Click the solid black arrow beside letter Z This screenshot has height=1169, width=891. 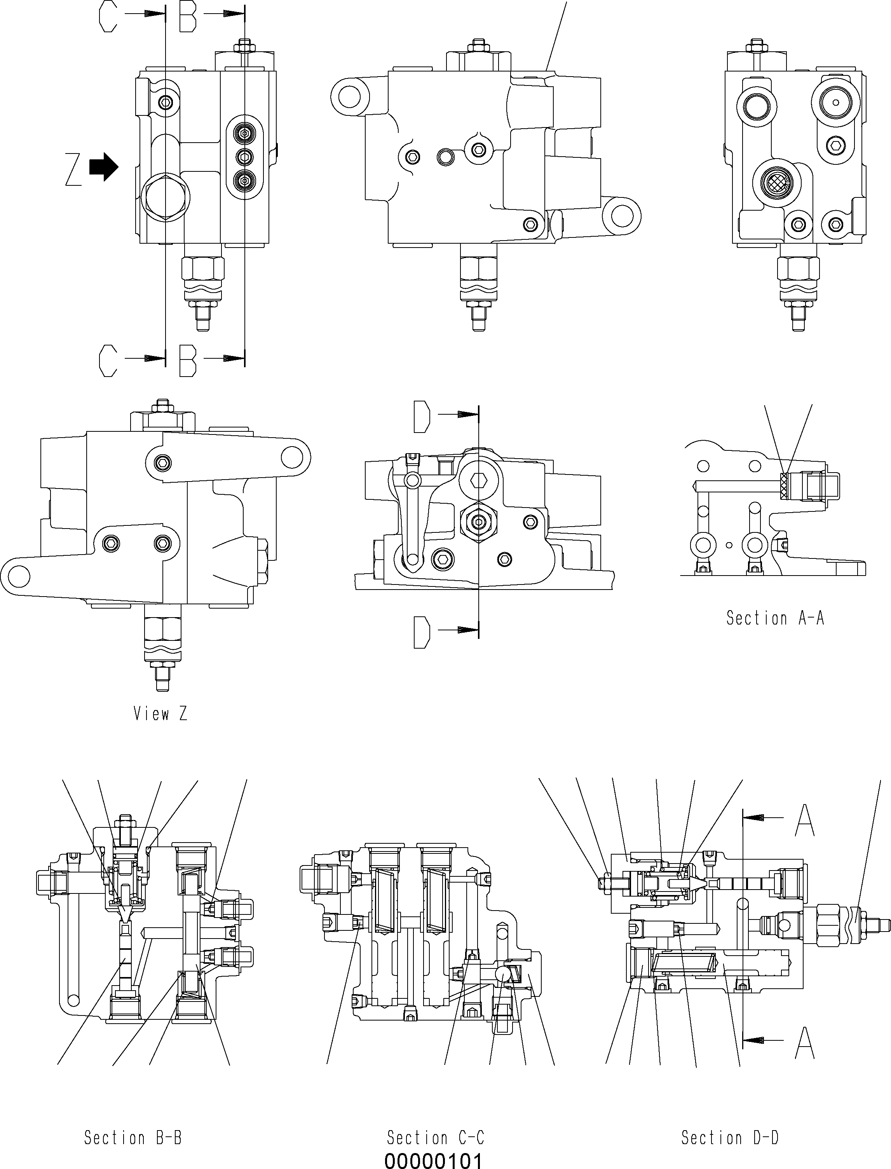(104, 167)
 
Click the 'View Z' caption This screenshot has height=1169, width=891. (160, 714)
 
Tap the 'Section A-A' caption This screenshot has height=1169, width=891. (775, 618)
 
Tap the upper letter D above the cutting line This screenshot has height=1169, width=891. (421, 417)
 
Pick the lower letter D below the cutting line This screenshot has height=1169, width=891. (421, 632)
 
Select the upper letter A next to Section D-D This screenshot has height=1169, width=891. (805, 820)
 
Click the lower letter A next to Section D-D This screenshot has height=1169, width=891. (805, 1043)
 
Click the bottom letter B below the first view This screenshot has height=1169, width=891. (188, 361)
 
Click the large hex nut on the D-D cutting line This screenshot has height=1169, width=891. (478, 522)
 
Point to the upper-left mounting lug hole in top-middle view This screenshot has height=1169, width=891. (349, 96)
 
